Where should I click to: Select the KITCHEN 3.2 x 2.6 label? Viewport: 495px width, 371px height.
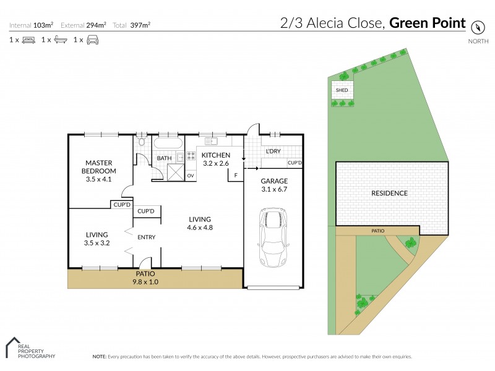point(216,159)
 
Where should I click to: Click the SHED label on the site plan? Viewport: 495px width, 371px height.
point(342,90)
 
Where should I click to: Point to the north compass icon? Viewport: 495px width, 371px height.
point(477,27)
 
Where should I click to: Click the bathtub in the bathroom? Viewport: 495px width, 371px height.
point(167,144)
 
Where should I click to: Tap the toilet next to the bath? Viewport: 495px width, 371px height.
point(141,143)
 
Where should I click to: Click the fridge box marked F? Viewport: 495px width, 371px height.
point(235,176)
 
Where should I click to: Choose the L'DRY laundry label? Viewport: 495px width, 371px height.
point(273,151)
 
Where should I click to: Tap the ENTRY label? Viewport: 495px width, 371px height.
point(147,237)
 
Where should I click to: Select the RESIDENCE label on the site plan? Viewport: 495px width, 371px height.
point(389,193)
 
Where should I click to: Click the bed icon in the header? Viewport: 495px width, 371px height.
point(28,40)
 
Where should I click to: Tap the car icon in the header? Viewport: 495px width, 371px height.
point(92,40)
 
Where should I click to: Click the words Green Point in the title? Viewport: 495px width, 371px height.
point(427,24)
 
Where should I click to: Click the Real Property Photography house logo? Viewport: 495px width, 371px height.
point(12,347)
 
